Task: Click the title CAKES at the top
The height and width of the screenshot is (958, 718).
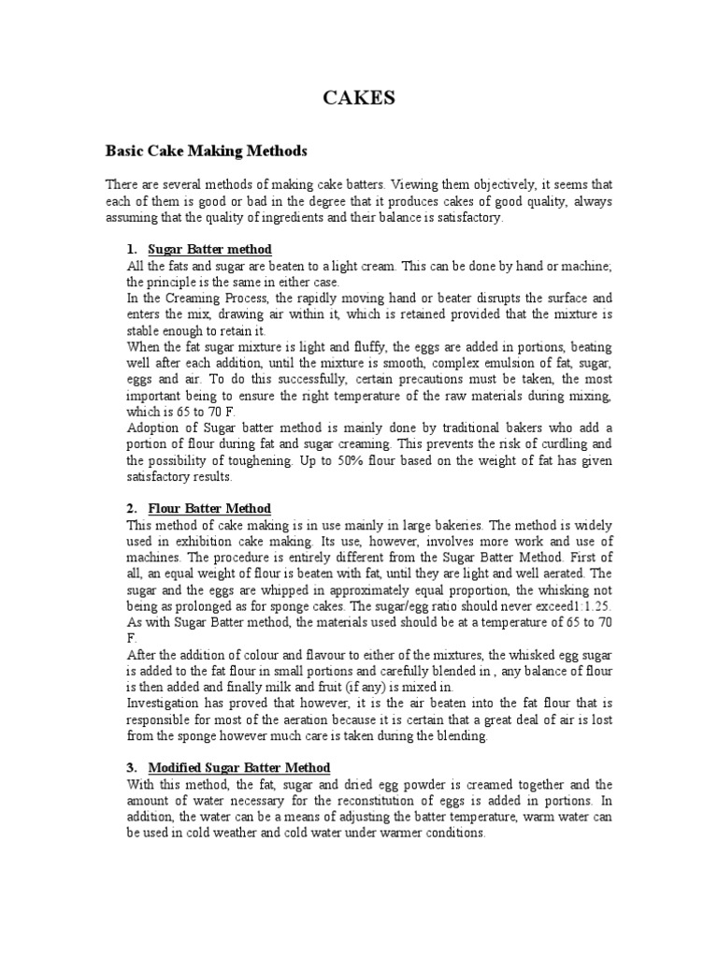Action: pos(359,98)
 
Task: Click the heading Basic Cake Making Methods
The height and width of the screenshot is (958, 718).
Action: pos(206,150)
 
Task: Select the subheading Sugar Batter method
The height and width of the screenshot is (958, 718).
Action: pos(210,249)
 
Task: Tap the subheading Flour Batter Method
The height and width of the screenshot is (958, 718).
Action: pos(210,508)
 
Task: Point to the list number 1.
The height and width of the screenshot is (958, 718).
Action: pos(131,249)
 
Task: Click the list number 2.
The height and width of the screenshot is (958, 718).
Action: pos(131,508)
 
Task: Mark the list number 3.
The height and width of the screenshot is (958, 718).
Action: pos(131,768)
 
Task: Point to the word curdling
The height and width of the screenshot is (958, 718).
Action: pos(559,444)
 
